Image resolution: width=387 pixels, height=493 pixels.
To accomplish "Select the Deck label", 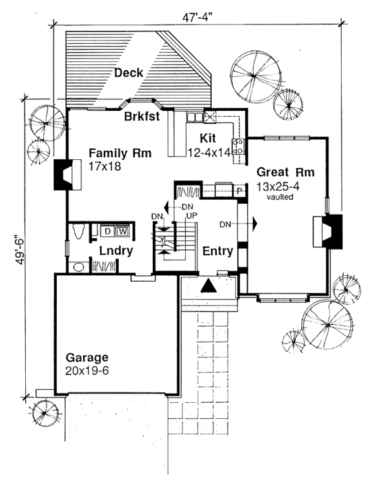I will pos(128,73).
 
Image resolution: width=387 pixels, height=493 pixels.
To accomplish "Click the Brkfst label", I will pos(143,117).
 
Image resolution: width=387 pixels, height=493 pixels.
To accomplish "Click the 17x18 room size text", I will pos(105,166).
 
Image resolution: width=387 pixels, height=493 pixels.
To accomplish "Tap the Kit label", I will pos(207,139).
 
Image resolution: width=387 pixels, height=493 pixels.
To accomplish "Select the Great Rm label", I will pos(285,173).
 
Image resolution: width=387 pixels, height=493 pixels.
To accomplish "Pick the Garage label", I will pos(86,358).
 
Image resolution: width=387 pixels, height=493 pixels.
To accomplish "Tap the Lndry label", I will pos(116,251).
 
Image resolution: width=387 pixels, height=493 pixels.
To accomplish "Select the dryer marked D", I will pos(108,230).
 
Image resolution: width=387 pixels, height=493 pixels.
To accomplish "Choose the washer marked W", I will pos(123,230).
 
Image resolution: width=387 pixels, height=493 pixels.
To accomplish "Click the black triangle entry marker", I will pos(210,287).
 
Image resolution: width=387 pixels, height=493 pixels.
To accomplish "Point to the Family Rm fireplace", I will pos(66,175).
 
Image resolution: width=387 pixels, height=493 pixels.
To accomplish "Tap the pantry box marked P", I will pos(239,191).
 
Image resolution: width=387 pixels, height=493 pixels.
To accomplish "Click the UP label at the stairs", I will pos(191,214).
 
